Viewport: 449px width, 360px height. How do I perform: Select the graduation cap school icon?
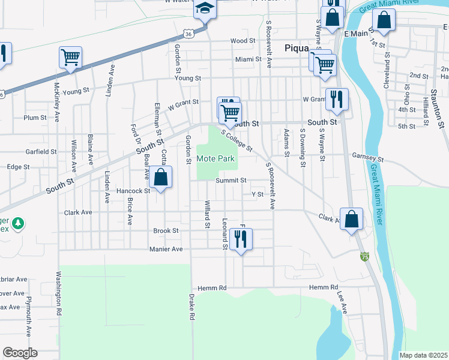click(205, 10)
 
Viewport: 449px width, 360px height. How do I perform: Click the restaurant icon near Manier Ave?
click(241, 239)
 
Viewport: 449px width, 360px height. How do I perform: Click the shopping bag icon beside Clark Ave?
click(351, 219)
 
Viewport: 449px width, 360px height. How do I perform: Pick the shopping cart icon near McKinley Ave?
click(70, 58)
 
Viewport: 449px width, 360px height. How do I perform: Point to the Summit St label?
click(231, 180)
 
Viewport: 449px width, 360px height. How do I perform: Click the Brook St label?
click(166, 230)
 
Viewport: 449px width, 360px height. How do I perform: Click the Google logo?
click(20, 353)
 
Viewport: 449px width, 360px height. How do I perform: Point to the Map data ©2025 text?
click(423, 355)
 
